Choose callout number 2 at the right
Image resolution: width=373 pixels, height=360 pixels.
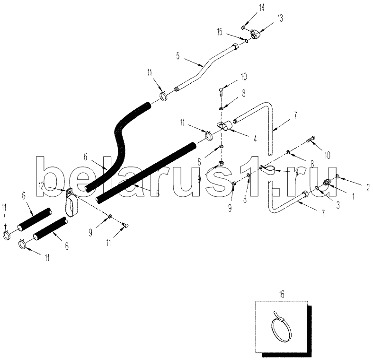(367, 187)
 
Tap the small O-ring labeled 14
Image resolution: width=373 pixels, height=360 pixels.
(242, 28)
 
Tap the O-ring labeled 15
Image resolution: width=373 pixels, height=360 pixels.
(248, 42)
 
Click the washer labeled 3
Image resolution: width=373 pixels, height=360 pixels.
(317, 188)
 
